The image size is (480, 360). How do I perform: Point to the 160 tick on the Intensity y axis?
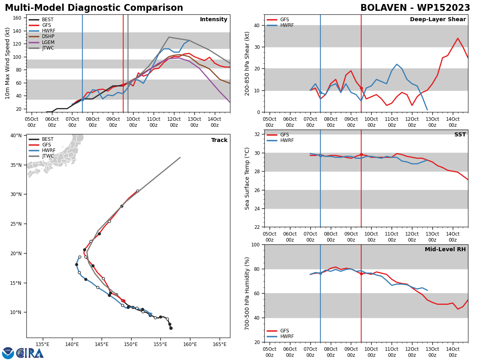pyautogui.click(x=17, y=18)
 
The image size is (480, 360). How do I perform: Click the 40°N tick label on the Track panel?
pyautogui.click(x=16, y=136)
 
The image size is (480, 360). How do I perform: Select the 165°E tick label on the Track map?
pyautogui.click(x=220, y=345)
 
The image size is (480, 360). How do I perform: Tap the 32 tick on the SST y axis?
pyautogui.click(x=257, y=134)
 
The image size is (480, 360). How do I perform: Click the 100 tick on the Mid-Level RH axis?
pyautogui.click(x=256, y=244)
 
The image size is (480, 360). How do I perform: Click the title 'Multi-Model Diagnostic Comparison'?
pyautogui.click(x=94, y=8)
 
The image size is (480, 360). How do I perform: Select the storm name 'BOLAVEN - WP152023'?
pyautogui.click(x=415, y=8)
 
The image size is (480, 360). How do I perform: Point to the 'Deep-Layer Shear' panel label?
pyautogui.click(x=438, y=19)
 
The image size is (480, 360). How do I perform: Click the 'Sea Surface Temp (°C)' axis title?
pyautogui.click(x=247, y=178)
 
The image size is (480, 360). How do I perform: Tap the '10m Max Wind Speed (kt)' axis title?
pyautogui.click(x=7, y=63)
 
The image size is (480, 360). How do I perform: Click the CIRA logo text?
pyautogui.click(x=30, y=353)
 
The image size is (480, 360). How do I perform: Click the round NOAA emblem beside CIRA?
pyautogui.click(x=8, y=353)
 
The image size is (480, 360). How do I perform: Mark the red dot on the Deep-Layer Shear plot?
pyautogui.click(x=361, y=88)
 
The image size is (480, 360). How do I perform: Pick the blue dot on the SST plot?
pyautogui.click(x=320, y=156)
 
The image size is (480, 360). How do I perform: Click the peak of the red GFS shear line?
pyautogui.click(x=458, y=38)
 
